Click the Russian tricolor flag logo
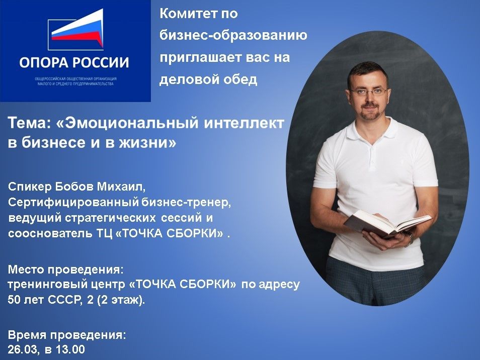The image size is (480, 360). (76, 30)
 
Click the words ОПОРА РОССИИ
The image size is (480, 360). (74, 63)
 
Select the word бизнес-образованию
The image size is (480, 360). (233, 36)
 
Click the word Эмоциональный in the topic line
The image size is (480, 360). (128, 123)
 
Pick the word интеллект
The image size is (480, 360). (244, 123)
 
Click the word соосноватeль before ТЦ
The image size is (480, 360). (49, 233)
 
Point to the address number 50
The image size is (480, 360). (14, 300)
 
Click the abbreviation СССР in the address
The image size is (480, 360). (65, 300)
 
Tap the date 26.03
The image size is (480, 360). (23, 349)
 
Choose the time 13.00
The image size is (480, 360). (70, 349)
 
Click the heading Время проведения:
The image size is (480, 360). (67, 335)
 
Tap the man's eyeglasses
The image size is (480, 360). (368, 91)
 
